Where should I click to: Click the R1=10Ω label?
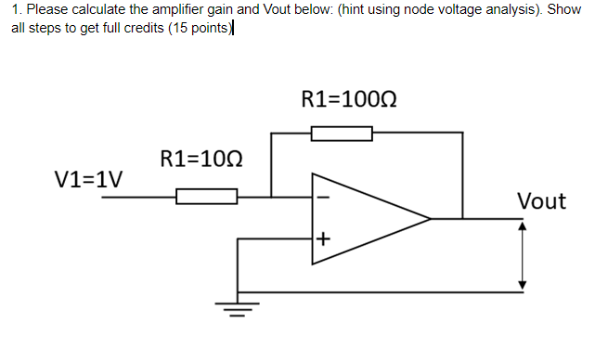(x=201, y=159)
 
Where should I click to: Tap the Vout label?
(x=540, y=200)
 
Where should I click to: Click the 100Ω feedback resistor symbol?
(x=341, y=135)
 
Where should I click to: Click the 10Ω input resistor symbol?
(x=206, y=196)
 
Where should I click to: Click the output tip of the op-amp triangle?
(x=429, y=219)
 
